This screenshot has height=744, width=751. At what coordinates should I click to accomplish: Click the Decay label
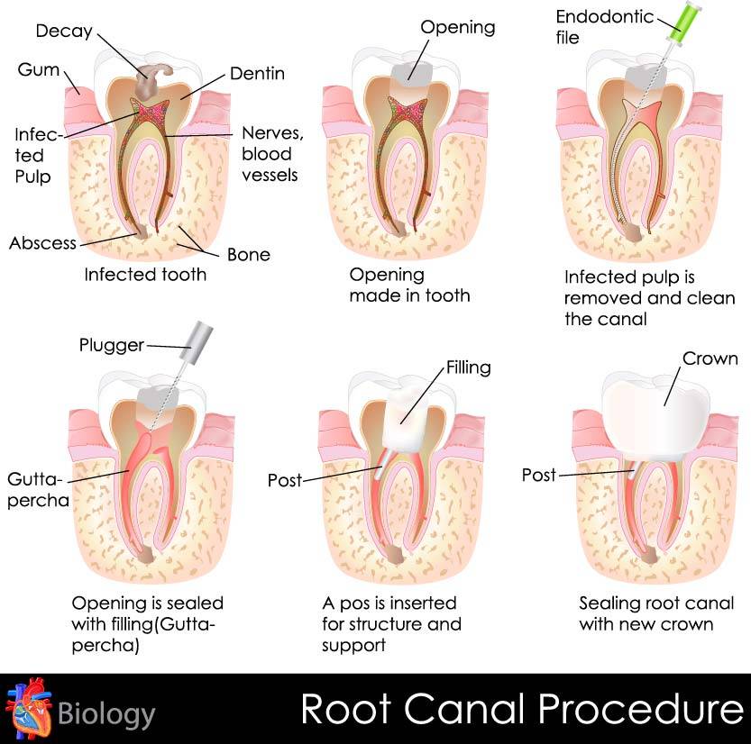coord(62,31)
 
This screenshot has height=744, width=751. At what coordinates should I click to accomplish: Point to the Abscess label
coord(42,243)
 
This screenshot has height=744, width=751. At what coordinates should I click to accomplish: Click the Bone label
coord(249,254)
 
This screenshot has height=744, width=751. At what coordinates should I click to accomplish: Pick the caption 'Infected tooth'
coord(145,274)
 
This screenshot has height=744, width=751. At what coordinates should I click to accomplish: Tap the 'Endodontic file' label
coord(591,27)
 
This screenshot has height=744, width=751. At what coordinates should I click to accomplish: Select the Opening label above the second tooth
coord(458,27)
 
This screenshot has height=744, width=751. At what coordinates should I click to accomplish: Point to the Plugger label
coord(111,345)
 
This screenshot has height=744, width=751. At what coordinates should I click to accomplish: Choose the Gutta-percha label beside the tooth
coord(38,488)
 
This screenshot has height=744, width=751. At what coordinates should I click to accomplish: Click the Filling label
coord(468,367)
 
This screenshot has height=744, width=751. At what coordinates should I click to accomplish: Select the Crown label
coord(710,358)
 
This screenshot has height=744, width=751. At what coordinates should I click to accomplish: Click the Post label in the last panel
coord(539,474)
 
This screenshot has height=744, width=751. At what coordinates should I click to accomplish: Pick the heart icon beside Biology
coord(28,709)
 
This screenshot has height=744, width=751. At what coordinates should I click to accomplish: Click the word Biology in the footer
coord(106,714)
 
